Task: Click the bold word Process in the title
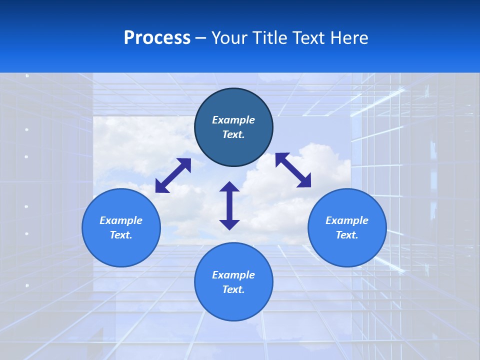(x=157, y=38)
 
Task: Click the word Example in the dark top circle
(x=233, y=120)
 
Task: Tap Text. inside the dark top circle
(x=233, y=134)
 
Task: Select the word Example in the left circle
(x=121, y=220)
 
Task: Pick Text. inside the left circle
(x=121, y=235)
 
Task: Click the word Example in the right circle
(x=347, y=220)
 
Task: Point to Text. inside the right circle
(x=347, y=235)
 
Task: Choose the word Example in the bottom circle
(x=233, y=275)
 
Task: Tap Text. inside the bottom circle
(x=233, y=289)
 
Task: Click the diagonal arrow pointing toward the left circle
(x=173, y=175)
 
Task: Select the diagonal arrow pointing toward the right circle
(x=293, y=170)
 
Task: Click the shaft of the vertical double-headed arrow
(x=229, y=205)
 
